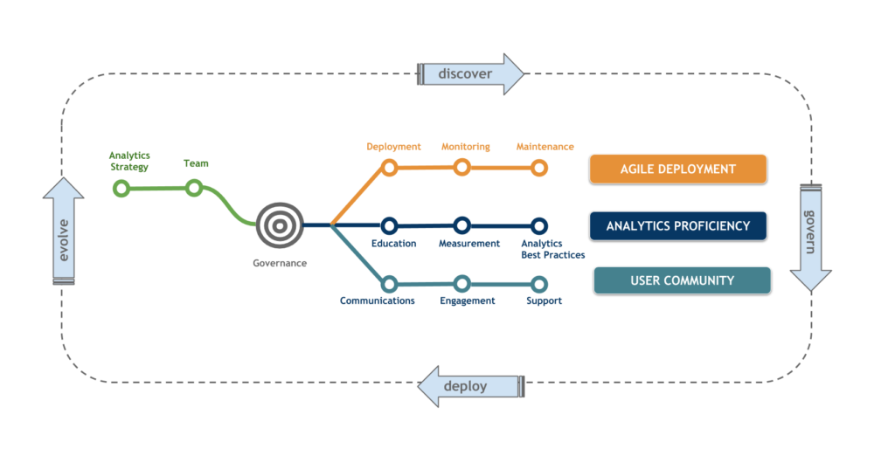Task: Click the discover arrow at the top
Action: pyautogui.click(x=469, y=74)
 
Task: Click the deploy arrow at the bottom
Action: pyautogui.click(x=470, y=386)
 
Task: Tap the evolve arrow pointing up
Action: pyautogui.click(x=64, y=231)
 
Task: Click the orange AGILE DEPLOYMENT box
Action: pyautogui.click(x=677, y=169)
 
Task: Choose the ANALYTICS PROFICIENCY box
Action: pyautogui.click(x=677, y=225)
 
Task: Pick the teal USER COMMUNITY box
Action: pyautogui.click(x=682, y=280)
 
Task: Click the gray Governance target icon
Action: pyautogui.click(x=279, y=225)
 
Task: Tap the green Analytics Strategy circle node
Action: pyautogui.click(x=121, y=188)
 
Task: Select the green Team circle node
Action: pyautogui.click(x=194, y=187)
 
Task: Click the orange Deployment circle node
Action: pyautogui.click(x=390, y=167)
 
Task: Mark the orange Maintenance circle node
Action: pyautogui.click(x=540, y=167)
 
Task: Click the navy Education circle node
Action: pyautogui.click(x=390, y=225)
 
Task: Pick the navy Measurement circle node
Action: pyautogui.click(x=462, y=225)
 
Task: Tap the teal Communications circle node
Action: pyautogui.click(x=390, y=283)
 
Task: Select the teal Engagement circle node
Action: pyautogui.click(x=462, y=283)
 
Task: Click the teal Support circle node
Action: pyautogui.click(x=540, y=284)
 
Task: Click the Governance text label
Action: pyautogui.click(x=279, y=262)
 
